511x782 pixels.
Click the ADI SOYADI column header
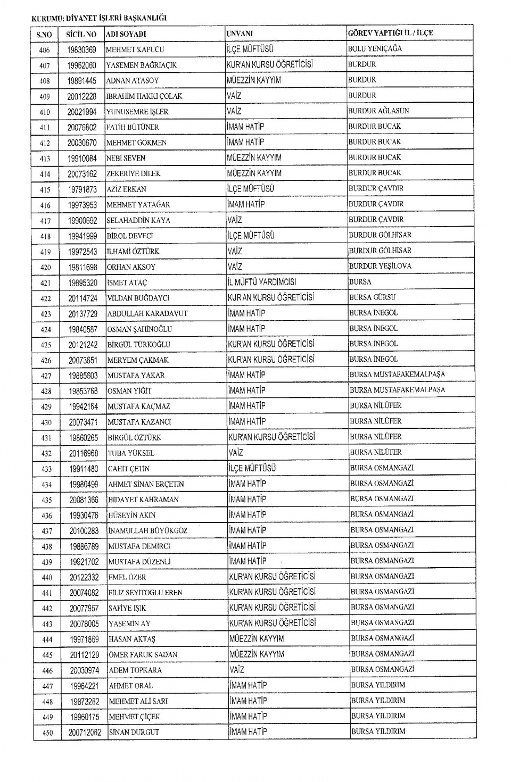point(126,34)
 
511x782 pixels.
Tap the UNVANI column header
point(240,34)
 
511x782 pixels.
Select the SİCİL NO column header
point(81,34)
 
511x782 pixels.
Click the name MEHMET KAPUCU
point(135,49)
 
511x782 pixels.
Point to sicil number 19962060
point(82,65)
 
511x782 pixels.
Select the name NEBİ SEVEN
point(126,158)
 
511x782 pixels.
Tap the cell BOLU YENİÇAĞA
point(375,48)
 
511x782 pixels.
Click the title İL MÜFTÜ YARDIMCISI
point(262,282)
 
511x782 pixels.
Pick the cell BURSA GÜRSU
point(373,297)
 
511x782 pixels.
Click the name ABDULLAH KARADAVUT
point(147,314)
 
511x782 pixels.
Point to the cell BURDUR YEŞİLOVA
point(380,266)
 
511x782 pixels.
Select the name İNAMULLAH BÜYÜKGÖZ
point(147,530)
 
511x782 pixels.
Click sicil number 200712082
point(85,733)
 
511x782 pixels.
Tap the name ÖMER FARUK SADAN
point(143,655)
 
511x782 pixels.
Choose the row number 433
point(46,469)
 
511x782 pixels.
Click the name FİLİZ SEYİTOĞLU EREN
point(145,593)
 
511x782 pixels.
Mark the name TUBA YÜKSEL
point(131,453)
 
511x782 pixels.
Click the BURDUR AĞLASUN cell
point(378,111)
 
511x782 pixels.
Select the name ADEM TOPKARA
point(135,670)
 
